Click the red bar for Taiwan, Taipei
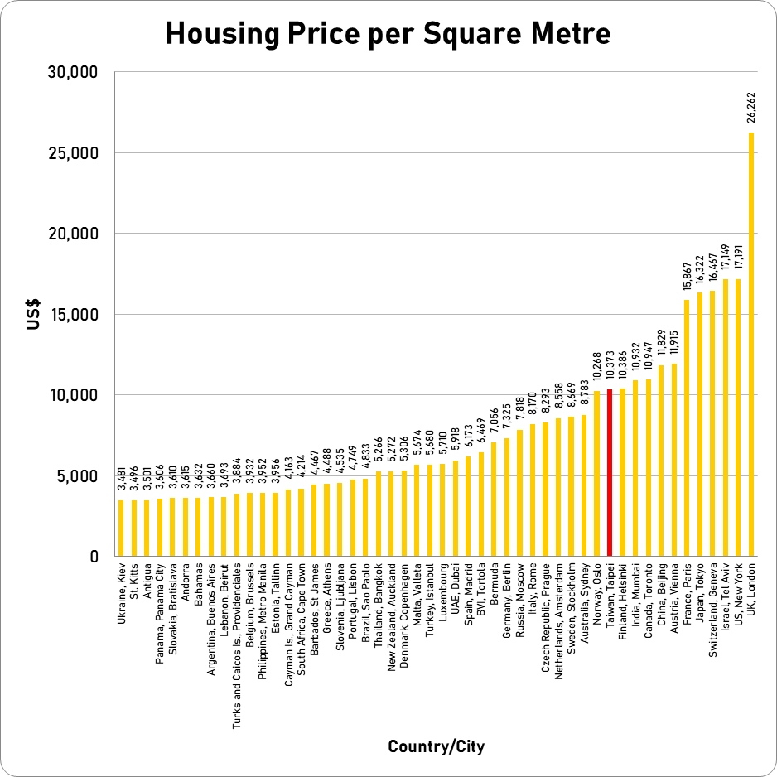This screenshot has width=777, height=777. tap(610, 473)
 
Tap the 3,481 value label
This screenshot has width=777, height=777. tap(121, 478)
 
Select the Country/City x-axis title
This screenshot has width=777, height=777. tap(436, 747)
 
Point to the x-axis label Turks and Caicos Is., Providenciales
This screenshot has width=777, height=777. tap(237, 635)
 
